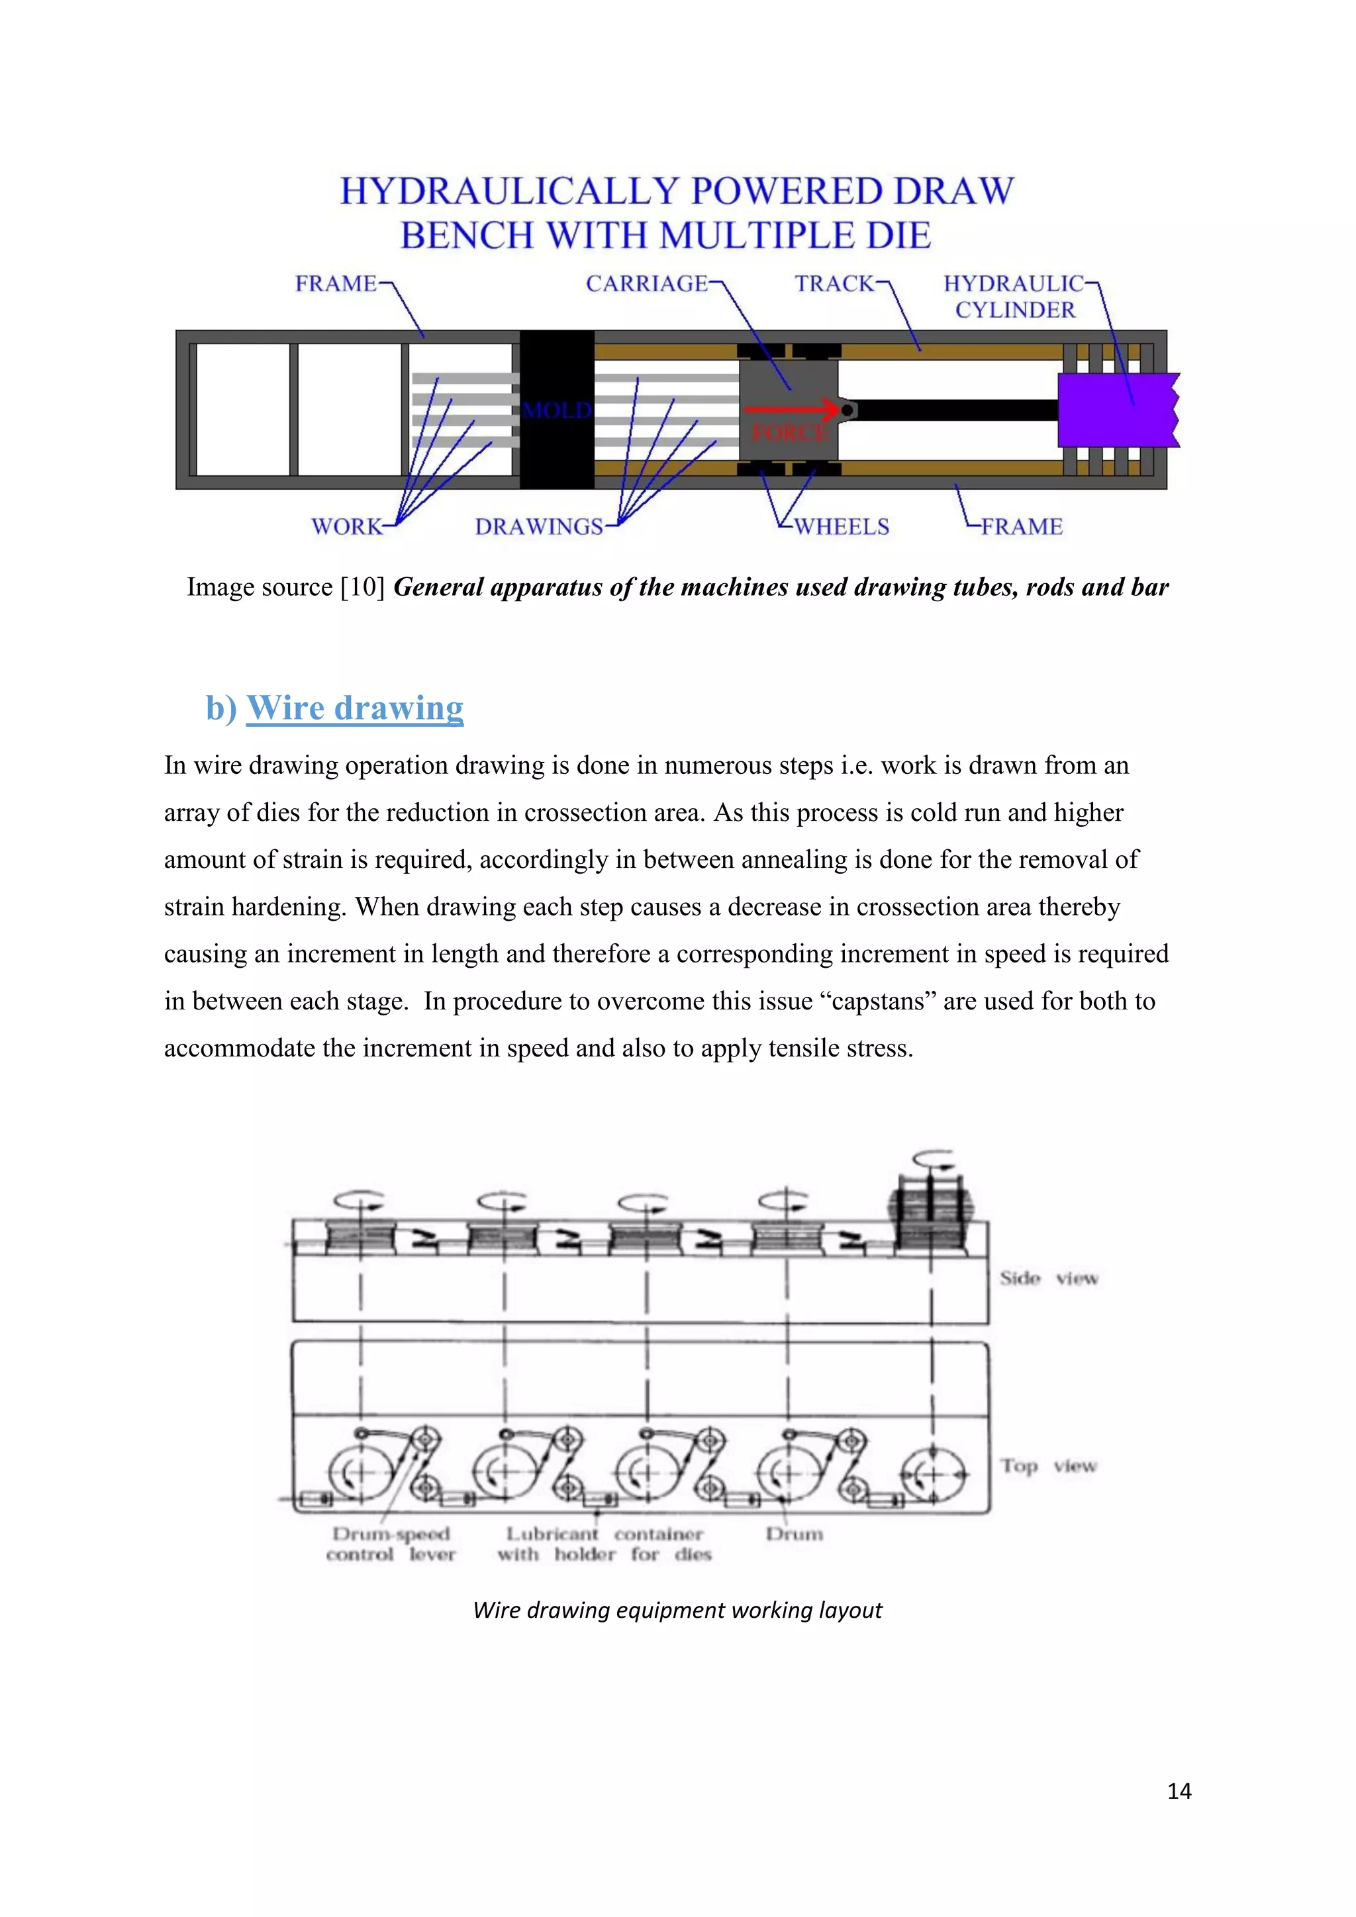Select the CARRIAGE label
click(646, 284)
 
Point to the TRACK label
click(834, 284)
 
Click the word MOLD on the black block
click(557, 410)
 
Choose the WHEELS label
click(842, 527)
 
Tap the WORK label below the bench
click(346, 527)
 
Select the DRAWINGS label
click(538, 527)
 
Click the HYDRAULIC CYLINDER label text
click(1014, 297)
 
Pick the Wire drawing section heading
click(354, 708)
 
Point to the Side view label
click(1049, 1278)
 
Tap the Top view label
click(1049, 1466)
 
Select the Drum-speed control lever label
click(391, 1544)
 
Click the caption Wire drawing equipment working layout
click(677, 1610)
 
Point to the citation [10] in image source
click(362, 587)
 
